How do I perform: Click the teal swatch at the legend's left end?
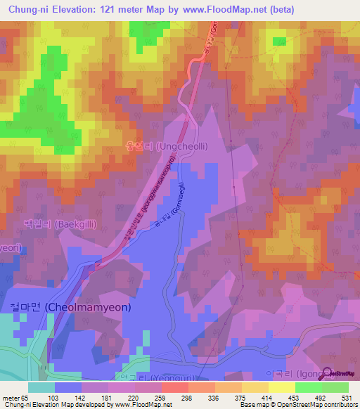[41, 387]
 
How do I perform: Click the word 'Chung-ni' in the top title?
[30, 9]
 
